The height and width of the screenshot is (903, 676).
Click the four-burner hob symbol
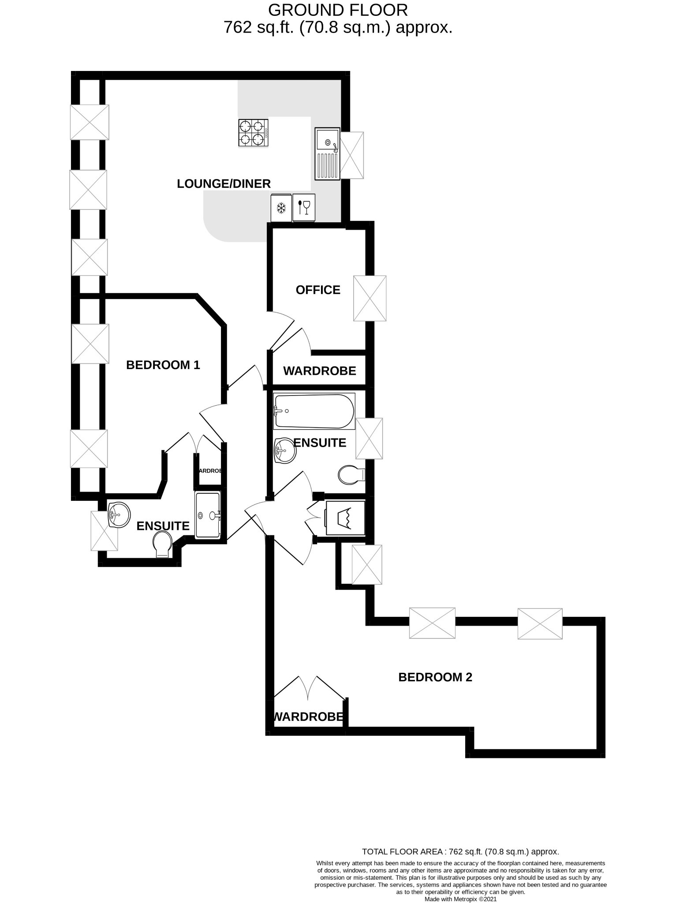[x=254, y=133]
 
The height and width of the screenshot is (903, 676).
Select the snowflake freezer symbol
[x=281, y=208]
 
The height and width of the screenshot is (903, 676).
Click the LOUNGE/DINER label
[x=224, y=184]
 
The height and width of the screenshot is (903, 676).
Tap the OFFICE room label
[x=318, y=290]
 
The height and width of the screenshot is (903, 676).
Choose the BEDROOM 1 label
[x=163, y=365]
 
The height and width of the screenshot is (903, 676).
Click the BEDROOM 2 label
[x=435, y=677]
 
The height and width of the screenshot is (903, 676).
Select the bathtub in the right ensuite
[x=314, y=411]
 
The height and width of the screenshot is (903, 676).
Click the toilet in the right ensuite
[x=350, y=475]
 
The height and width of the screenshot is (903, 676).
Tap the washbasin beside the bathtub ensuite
[x=285, y=451]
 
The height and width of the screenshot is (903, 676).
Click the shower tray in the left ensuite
[x=207, y=515]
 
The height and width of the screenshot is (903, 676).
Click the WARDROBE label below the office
[x=319, y=371]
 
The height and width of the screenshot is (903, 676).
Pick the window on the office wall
[x=370, y=299]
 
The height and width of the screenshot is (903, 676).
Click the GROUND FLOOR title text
[x=338, y=10]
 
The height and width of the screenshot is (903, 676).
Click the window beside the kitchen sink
[x=352, y=155]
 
